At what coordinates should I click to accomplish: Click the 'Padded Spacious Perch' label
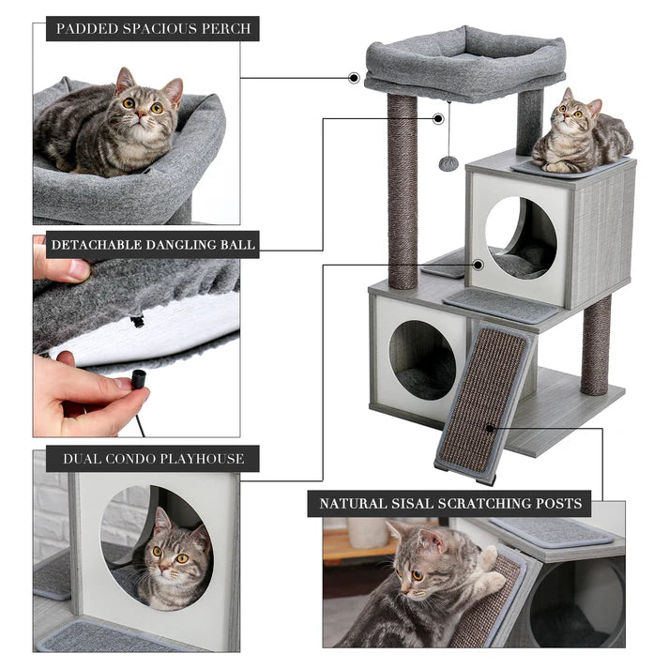click(x=153, y=28)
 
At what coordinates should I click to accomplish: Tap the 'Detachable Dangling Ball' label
click(x=153, y=246)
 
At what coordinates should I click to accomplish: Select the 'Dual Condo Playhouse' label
click(x=153, y=459)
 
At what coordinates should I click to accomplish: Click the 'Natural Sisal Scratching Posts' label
click(x=450, y=504)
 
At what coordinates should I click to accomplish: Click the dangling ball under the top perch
click(x=449, y=164)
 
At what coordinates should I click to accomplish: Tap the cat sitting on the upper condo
click(x=582, y=133)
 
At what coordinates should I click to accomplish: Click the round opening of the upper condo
click(x=521, y=237)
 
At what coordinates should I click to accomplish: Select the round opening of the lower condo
click(x=422, y=359)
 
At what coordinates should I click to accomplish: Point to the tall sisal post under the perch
click(x=403, y=192)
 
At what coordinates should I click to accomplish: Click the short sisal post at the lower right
click(x=595, y=344)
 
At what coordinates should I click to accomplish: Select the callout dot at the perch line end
click(x=354, y=78)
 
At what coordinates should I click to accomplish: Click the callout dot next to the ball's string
click(x=438, y=119)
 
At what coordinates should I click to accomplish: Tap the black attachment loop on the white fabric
click(x=138, y=321)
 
